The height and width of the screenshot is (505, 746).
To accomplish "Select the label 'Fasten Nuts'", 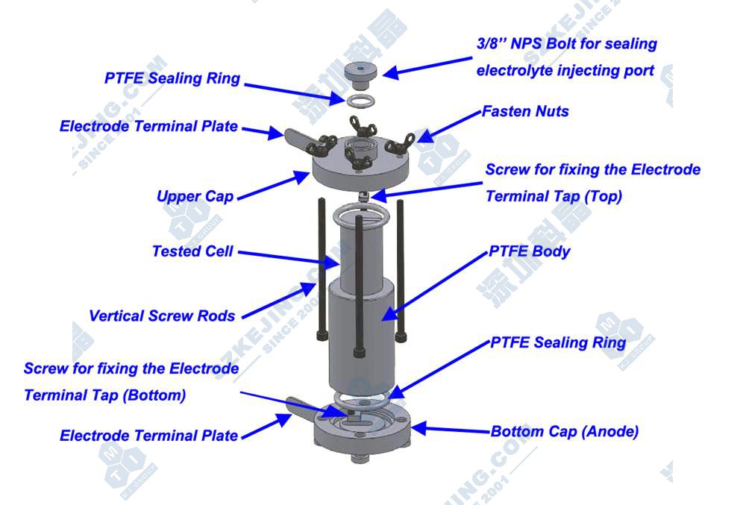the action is tap(525, 111).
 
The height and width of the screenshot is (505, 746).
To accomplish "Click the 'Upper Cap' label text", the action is tap(195, 196).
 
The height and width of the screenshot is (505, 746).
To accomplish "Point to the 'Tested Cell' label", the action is tap(192, 251).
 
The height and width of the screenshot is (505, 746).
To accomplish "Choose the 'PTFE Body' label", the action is tap(530, 251).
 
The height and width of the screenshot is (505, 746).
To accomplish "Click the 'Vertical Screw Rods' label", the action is tap(162, 316).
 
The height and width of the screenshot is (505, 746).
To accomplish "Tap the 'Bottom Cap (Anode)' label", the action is tap(564, 431).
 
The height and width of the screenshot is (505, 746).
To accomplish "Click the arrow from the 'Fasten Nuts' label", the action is tap(449, 127).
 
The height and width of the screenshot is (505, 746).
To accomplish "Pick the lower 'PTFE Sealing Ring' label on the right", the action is tap(558, 342).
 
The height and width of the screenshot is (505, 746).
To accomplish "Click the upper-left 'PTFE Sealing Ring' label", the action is tap(172, 78).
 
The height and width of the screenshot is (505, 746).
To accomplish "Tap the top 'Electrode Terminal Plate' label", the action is tap(148, 126).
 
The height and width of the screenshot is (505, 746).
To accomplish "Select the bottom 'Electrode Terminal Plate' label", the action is tap(148, 435).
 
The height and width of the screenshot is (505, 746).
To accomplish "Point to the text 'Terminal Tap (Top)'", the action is tap(554, 196).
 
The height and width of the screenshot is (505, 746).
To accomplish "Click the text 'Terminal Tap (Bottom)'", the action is tap(104, 395).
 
